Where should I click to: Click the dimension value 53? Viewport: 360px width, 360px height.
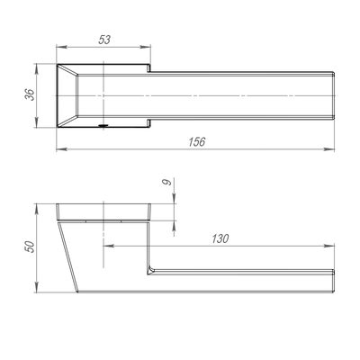(x=104, y=40)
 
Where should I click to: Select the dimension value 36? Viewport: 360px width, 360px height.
(x=30, y=94)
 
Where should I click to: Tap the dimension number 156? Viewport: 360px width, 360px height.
(x=196, y=141)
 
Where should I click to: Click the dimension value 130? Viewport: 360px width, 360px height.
(x=220, y=238)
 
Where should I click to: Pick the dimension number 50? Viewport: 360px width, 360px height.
(x=30, y=247)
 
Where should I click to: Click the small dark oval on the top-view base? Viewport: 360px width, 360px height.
(x=103, y=126)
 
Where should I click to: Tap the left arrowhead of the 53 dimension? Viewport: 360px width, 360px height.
(x=60, y=47)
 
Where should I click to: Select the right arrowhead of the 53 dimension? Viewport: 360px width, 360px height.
(x=147, y=47)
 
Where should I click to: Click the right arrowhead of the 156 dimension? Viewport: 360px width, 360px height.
(x=330, y=149)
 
